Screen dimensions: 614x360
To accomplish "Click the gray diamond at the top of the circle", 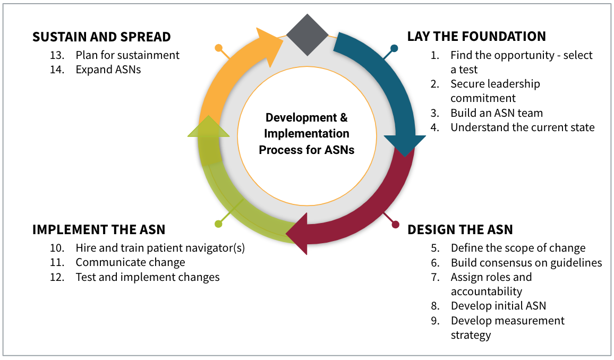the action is [x=308, y=35].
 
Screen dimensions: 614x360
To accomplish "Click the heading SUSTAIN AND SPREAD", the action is [x=101, y=37].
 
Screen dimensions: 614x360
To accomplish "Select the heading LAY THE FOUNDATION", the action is [x=476, y=37].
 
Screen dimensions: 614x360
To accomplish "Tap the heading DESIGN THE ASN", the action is [x=460, y=230].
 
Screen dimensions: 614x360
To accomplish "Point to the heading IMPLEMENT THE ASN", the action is [x=99, y=230].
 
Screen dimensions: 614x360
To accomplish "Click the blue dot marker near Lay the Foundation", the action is [x=394, y=48].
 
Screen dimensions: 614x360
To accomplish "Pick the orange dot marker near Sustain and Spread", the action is [x=218, y=48].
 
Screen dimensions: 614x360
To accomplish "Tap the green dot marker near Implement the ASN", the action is [x=218, y=224].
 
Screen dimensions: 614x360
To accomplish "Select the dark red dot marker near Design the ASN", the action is [x=396, y=224].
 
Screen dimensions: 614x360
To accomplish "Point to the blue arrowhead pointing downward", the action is [x=405, y=145].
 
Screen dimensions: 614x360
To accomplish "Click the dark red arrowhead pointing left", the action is [x=297, y=234].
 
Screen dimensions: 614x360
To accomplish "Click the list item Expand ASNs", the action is [x=108, y=70].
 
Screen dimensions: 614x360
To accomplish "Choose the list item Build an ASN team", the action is [x=497, y=113].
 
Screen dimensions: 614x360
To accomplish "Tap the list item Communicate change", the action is [x=131, y=262].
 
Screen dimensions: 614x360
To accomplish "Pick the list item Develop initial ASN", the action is [x=499, y=306].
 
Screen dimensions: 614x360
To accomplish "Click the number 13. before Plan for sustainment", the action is [x=57, y=55].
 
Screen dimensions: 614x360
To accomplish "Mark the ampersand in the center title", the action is [x=344, y=117].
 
